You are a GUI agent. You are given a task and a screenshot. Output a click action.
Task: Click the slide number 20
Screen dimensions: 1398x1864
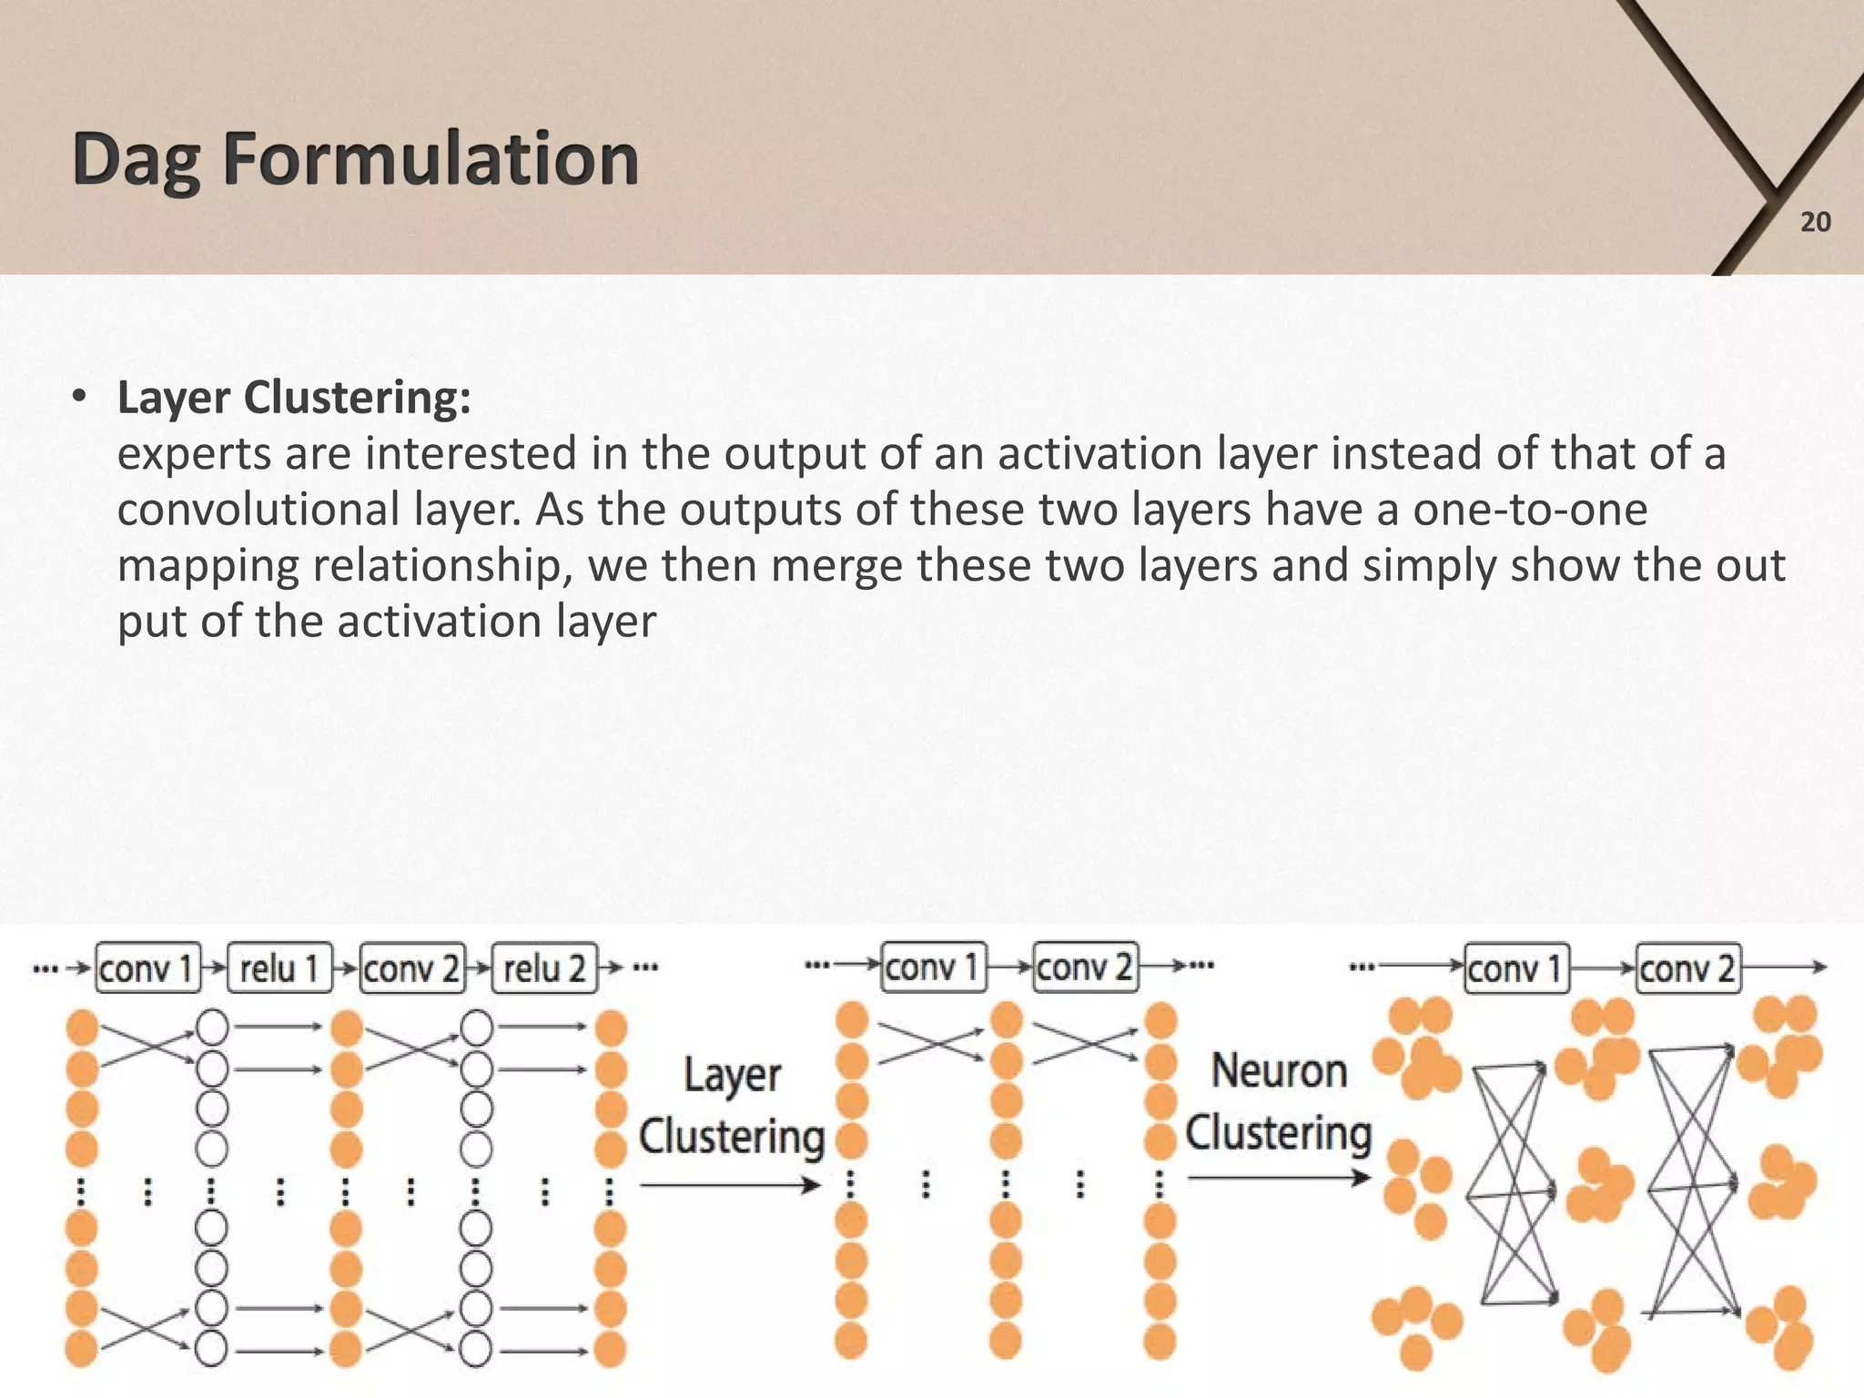[1815, 222]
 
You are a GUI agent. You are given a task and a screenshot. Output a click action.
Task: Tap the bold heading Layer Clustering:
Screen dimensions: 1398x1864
[294, 398]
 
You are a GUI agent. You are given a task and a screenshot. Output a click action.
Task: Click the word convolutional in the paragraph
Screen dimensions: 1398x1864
[258, 510]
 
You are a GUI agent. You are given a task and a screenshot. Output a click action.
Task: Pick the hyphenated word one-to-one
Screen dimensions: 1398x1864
[1530, 510]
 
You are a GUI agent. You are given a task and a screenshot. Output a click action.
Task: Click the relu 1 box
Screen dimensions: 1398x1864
[279, 968]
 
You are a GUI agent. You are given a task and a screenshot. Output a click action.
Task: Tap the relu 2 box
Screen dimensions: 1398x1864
[544, 968]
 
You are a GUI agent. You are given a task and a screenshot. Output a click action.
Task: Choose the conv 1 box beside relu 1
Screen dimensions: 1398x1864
[147, 968]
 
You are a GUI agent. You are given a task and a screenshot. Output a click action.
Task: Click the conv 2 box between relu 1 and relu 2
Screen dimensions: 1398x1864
[412, 968]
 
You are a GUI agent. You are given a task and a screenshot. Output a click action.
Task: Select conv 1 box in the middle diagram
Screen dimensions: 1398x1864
[933, 967]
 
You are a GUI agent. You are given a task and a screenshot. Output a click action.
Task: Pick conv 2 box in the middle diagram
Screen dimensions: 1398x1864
[1085, 967]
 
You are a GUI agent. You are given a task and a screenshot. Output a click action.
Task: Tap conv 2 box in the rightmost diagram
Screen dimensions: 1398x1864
[1688, 968]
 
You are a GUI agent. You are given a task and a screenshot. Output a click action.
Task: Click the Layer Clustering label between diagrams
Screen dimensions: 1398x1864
[732, 1106]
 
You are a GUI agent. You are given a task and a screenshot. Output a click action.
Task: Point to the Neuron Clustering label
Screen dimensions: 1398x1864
[1278, 1102]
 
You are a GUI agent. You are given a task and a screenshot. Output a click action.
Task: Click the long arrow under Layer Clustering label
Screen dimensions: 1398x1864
[730, 1185]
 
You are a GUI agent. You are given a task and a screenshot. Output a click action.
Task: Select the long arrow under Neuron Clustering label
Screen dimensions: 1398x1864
[1278, 1179]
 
